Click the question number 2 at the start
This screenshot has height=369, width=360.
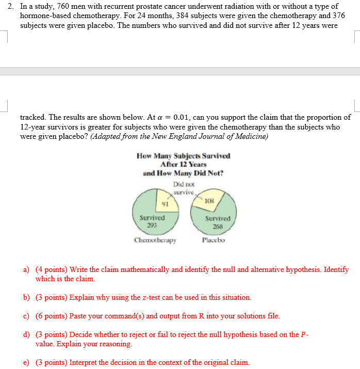coord(9,7)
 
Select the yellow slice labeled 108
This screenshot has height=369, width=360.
coord(209,200)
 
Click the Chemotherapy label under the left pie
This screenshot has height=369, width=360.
coord(155,240)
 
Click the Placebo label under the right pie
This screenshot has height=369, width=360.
coord(213,240)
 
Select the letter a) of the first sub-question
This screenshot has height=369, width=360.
coord(26,269)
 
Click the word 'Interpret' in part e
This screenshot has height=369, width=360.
coord(83,362)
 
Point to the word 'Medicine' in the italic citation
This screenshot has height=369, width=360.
coord(252,136)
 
